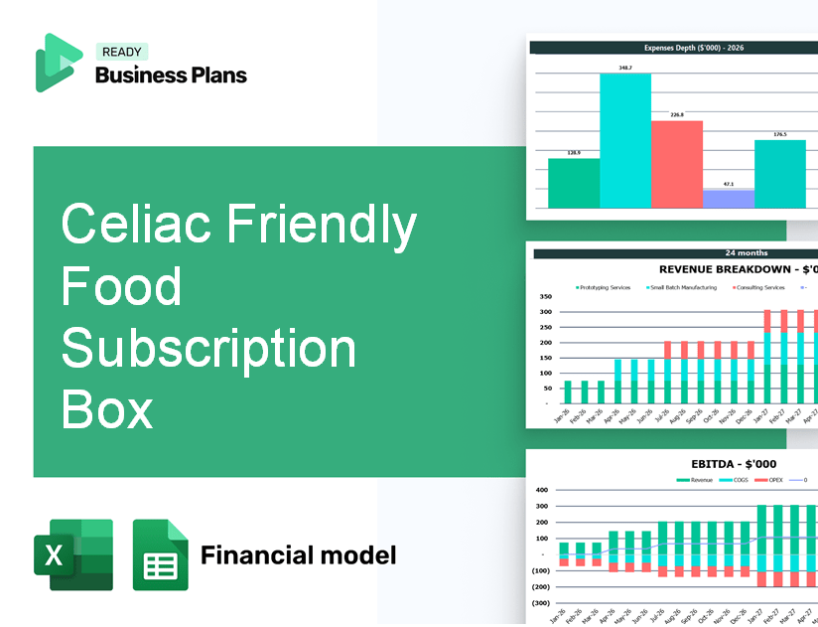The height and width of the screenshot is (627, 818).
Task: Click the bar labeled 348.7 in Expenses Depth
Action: (625, 140)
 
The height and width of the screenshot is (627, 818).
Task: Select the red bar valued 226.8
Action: (677, 164)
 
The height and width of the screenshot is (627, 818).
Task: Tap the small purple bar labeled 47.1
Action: (729, 199)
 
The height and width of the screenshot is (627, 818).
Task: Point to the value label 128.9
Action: (574, 152)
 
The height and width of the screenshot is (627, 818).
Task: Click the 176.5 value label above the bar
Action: (780, 134)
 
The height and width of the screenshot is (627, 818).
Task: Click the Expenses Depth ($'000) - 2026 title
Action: (676, 47)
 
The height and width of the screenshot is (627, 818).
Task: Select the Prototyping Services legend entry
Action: (605, 287)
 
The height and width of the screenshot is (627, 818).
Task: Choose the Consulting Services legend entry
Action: (759, 287)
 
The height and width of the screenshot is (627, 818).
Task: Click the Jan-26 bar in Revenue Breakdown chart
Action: (568, 392)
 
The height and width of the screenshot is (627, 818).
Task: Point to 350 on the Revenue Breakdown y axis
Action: (545, 297)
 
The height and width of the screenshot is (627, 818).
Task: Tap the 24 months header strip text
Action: (676, 253)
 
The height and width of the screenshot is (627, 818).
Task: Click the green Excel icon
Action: (73, 554)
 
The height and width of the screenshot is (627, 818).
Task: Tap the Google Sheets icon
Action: (160, 554)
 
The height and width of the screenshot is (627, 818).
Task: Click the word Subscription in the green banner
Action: (208, 349)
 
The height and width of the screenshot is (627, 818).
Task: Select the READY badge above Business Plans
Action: (121, 53)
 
